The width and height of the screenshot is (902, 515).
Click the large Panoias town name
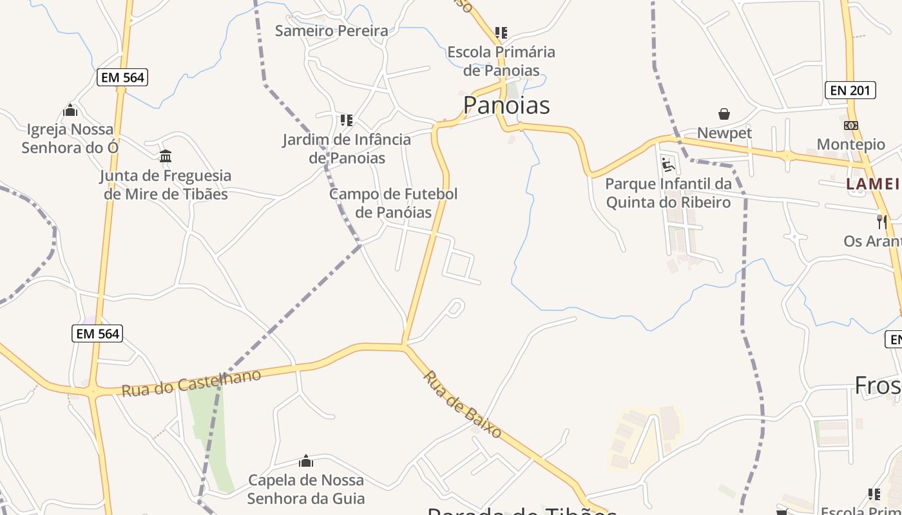(x=506, y=105)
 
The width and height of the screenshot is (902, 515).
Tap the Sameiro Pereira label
(x=331, y=30)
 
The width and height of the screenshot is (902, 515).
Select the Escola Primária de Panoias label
(x=501, y=61)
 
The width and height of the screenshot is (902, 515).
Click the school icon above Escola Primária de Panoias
(x=501, y=32)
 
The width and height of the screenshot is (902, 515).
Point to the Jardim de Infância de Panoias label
(x=347, y=149)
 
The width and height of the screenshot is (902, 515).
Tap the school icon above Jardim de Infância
(x=347, y=120)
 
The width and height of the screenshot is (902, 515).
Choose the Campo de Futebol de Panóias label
(x=393, y=203)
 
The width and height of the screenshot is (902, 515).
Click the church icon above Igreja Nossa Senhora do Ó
(x=70, y=110)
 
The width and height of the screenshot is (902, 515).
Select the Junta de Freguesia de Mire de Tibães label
(x=166, y=185)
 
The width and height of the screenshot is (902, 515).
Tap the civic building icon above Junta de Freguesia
(x=166, y=156)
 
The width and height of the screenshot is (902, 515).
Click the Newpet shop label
(x=724, y=133)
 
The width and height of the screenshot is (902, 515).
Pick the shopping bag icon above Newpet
(x=724, y=114)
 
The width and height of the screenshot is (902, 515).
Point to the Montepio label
(x=850, y=144)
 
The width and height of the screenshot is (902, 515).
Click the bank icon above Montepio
(x=850, y=125)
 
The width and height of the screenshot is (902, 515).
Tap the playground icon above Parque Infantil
(x=668, y=165)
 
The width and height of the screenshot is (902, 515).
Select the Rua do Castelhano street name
(x=191, y=382)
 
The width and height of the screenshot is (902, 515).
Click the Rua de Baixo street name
(x=463, y=405)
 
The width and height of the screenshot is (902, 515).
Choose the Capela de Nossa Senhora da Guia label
(x=306, y=489)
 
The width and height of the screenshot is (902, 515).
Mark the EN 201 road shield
(x=850, y=90)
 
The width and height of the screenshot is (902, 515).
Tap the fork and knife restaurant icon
(x=881, y=221)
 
